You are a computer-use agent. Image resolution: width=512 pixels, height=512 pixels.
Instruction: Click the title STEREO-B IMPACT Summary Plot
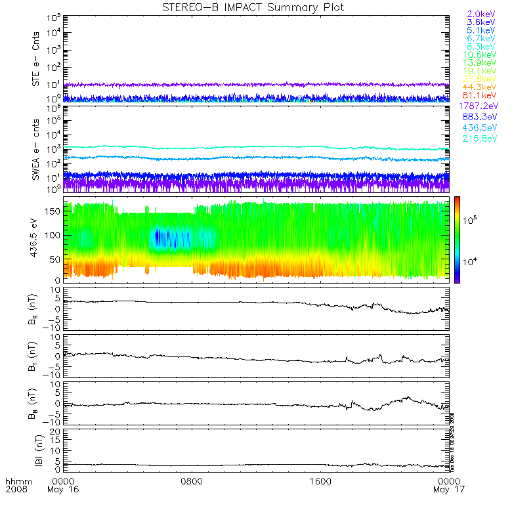[253, 7]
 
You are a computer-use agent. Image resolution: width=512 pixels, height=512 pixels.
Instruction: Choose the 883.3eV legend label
[481, 117]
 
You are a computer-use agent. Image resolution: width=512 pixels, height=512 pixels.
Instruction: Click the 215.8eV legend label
[481, 140]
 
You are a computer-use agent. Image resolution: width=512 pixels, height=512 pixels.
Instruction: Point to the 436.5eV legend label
[481, 129]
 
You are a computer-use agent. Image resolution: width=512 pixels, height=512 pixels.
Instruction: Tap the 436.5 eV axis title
[37, 240]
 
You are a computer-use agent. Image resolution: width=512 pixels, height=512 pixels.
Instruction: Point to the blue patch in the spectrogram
[169, 238]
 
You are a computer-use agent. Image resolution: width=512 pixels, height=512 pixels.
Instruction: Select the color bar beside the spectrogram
[456, 240]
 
